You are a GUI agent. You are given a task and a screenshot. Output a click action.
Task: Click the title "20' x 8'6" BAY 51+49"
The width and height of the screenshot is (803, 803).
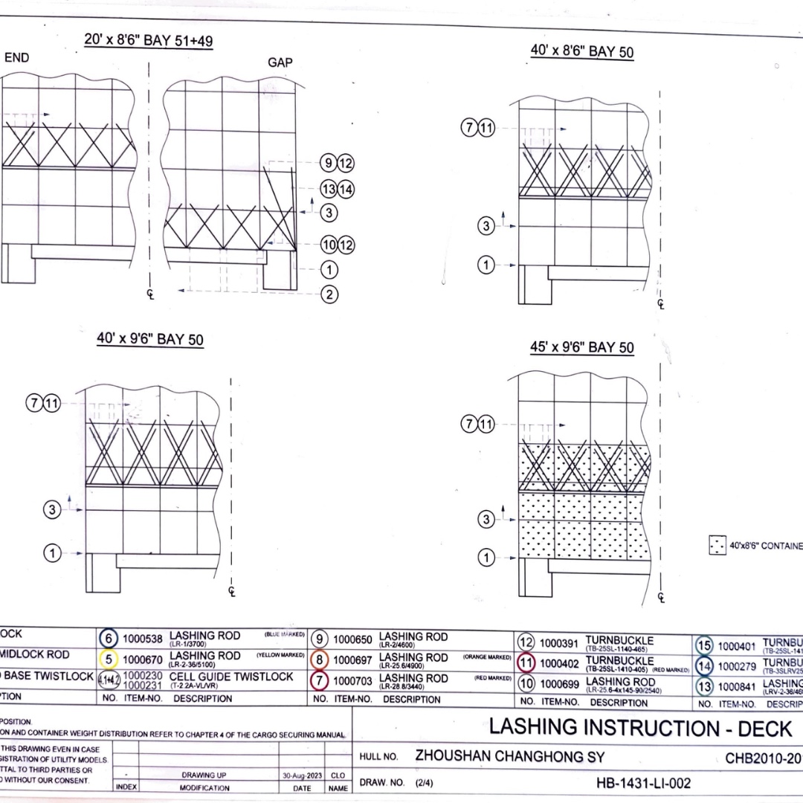[x=149, y=41]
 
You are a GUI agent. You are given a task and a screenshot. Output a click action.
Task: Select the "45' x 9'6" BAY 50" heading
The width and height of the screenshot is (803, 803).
[x=582, y=347]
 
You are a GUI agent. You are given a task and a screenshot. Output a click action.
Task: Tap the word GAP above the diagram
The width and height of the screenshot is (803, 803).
[x=280, y=62]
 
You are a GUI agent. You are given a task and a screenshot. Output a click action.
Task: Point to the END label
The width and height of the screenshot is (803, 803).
[x=17, y=57]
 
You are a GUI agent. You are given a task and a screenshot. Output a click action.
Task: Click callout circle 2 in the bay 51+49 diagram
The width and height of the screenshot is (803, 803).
[x=329, y=294]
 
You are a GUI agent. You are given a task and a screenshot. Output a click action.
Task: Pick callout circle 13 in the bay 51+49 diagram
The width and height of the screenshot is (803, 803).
[x=329, y=189]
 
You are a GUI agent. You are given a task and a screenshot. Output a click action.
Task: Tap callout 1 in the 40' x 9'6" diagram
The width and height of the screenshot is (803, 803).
[x=53, y=552]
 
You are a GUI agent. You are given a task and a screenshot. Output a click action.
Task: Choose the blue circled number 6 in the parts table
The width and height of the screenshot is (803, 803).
[x=109, y=639]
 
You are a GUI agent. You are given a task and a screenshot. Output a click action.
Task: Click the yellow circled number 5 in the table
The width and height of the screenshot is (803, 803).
[x=109, y=659]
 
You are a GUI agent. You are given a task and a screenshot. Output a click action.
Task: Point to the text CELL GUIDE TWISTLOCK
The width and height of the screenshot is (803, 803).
[x=231, y=677]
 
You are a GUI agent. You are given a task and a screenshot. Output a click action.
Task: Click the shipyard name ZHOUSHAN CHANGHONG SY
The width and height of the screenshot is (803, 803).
[x=509, y=756]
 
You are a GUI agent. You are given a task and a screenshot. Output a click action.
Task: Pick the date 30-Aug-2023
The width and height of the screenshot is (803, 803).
[x=302, y=775]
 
